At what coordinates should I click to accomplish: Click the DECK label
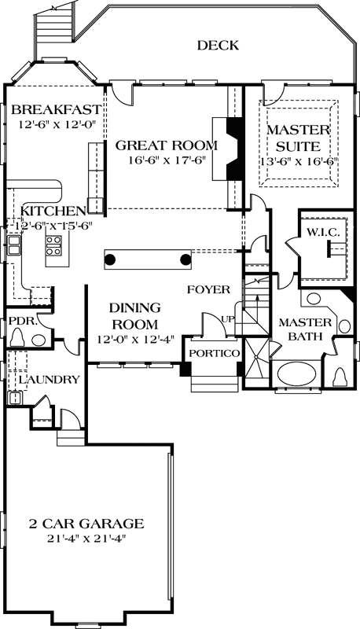point(217,46)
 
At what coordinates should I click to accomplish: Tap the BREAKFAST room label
point(57,109)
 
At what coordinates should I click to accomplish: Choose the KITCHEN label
point(53,211)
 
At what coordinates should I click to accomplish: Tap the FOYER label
point(208,289)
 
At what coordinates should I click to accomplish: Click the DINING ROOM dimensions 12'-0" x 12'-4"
point(134,339)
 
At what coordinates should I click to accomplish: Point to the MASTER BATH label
point(299,329)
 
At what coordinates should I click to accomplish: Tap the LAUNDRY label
point(49,380)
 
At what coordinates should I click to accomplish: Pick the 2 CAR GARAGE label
point(86,524)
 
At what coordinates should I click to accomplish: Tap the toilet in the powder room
point(19,337)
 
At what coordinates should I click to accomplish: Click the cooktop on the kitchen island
point(54,248)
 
